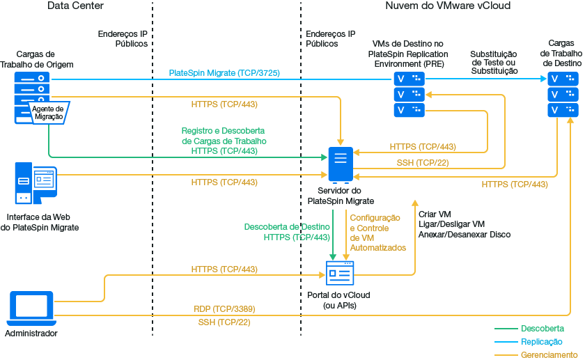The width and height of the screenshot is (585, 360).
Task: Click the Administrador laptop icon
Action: (x=31, y=308)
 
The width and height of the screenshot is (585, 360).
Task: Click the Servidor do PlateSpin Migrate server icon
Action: (x=341, y=164)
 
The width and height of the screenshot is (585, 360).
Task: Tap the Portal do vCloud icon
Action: (x=341, y=273)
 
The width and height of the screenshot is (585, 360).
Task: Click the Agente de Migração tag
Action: (x=49, y=112)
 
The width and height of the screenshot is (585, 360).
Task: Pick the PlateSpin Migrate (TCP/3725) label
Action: (x=224, y=72)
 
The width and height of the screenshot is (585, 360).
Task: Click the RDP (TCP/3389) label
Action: (x=224, y=308)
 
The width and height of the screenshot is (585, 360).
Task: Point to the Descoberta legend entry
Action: (x=542, y=328)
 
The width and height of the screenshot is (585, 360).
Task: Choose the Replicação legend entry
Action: (x=541, y=342)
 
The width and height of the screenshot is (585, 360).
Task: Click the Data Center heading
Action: (x=75, y=6)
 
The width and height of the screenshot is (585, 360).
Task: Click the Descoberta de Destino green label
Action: (x=286, y=232)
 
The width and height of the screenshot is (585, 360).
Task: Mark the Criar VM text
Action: (x=435, y=214)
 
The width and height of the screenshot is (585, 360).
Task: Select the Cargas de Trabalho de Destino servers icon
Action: (x=563, y=94)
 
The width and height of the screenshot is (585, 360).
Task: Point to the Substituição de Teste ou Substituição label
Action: (x=494, y=62)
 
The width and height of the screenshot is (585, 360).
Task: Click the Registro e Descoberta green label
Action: (x=223, y=141)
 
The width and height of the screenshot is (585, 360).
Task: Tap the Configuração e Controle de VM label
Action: (x=377, y=233)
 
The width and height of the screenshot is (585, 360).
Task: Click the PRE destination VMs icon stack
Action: (x=409, y=94)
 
